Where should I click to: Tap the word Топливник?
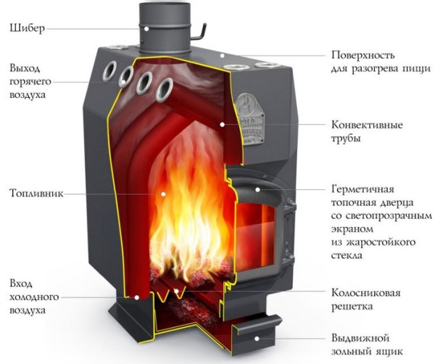point(36,194)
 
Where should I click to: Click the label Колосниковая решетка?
point(366,301)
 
